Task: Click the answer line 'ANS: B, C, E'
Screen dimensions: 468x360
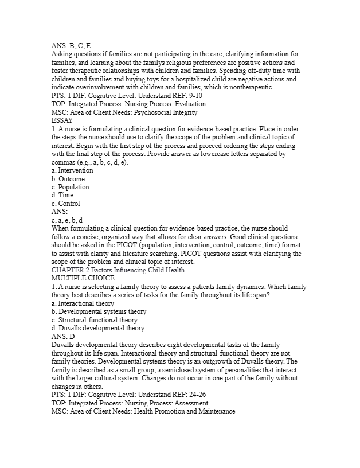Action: pyautogui.click(x=71, y=45)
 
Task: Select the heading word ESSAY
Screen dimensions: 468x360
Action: pyautogui.click(x=62, y=120)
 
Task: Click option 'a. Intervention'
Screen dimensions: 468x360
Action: pyautogui.click(x=72, y=170)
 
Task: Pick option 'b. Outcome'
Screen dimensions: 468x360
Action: pyautogui.click(x=68, y=179)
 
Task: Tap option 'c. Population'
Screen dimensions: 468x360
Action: pyautogui.click(x=71, y=187)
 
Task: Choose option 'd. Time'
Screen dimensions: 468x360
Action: pyautogui.click(x=62, y=195)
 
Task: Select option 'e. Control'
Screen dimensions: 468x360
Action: pyautogui.click(x=66, y=204)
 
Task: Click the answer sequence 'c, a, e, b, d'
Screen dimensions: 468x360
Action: pyautogui.click(x=67, y=220)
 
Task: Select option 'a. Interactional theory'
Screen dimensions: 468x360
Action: pyautogui.click(x=83, y=303)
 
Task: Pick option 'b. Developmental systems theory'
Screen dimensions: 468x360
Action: pyautogui.click(x=95, y=311)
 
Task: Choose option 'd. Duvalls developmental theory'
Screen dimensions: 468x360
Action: pyautogui.click(x=98, y=328)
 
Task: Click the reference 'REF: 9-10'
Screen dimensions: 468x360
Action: pyautogui.click(x=183, y=96)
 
